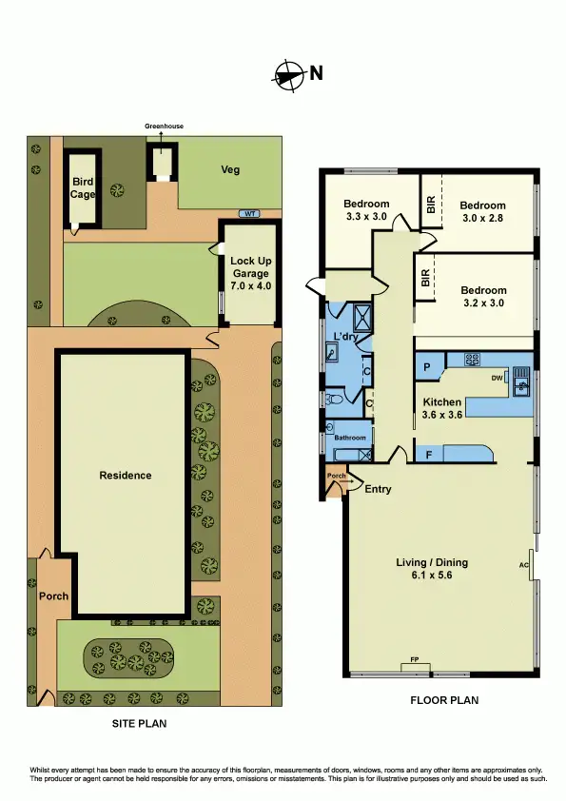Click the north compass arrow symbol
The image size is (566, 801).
289,73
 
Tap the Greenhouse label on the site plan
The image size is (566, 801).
163,126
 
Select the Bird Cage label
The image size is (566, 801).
84,187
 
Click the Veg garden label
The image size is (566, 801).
229,170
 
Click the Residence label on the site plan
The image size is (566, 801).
126,476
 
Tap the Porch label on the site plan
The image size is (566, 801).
53,597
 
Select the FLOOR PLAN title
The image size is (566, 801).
443,701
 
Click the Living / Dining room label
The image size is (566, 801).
432,569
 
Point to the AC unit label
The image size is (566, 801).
524,564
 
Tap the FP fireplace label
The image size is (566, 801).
415,658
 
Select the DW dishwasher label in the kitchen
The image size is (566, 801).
497,378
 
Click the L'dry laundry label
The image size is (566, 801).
344,337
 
